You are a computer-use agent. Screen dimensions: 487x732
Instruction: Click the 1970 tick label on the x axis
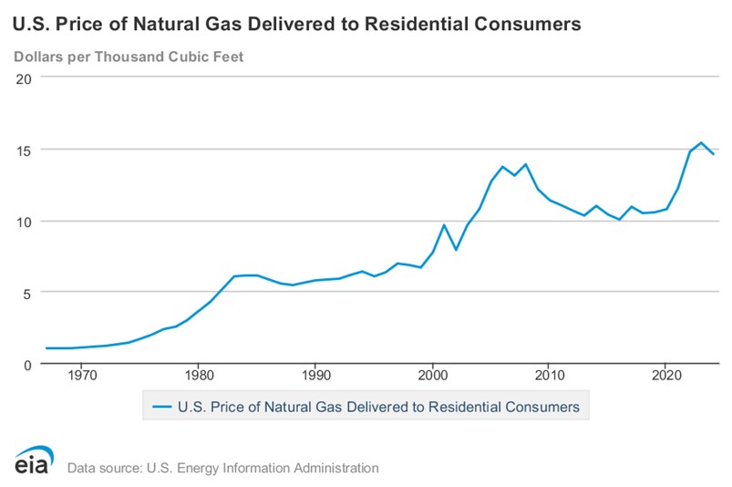81,375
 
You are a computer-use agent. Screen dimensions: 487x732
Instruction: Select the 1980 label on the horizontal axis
198,375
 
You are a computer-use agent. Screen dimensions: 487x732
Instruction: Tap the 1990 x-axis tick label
314,375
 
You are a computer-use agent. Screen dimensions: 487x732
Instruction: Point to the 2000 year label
431,375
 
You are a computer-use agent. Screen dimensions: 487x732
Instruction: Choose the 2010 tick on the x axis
548,375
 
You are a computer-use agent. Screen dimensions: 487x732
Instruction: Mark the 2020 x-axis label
665,375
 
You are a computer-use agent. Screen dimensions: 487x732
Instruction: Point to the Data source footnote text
222,468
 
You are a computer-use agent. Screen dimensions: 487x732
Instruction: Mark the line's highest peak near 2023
700,142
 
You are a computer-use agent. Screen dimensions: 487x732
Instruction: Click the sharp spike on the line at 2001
444,224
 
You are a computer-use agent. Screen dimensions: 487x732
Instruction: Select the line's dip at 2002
456,250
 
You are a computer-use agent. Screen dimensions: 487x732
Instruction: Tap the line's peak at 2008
526,164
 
